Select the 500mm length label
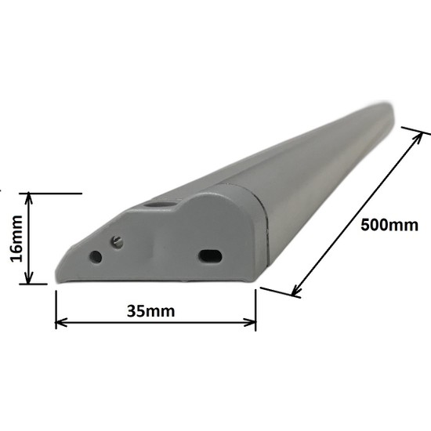point(389,225)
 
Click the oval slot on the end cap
point(210,255)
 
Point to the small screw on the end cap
point(118,242)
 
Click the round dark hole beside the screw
point(96,256)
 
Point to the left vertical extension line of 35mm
point(56,310)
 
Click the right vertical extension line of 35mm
point(255,310)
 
